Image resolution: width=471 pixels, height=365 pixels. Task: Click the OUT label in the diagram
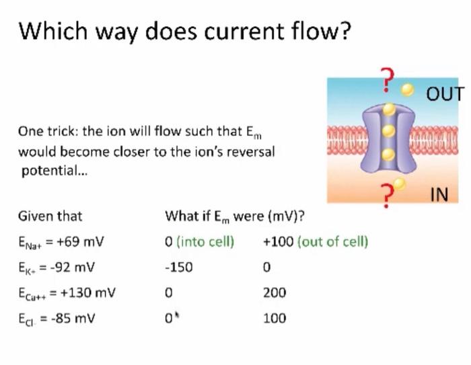445,93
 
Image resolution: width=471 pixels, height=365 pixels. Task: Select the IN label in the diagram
438,195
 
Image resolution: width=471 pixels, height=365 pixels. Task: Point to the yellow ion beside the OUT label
406,89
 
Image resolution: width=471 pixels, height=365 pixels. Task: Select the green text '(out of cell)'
332,241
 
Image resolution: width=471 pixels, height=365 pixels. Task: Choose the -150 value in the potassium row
178,267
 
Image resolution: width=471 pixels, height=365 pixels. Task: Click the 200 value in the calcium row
275,292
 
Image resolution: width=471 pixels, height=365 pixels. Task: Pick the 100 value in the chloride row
275,318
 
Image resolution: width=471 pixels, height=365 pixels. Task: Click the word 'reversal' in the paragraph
252,151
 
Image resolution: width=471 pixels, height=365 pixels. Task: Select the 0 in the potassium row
266,267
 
